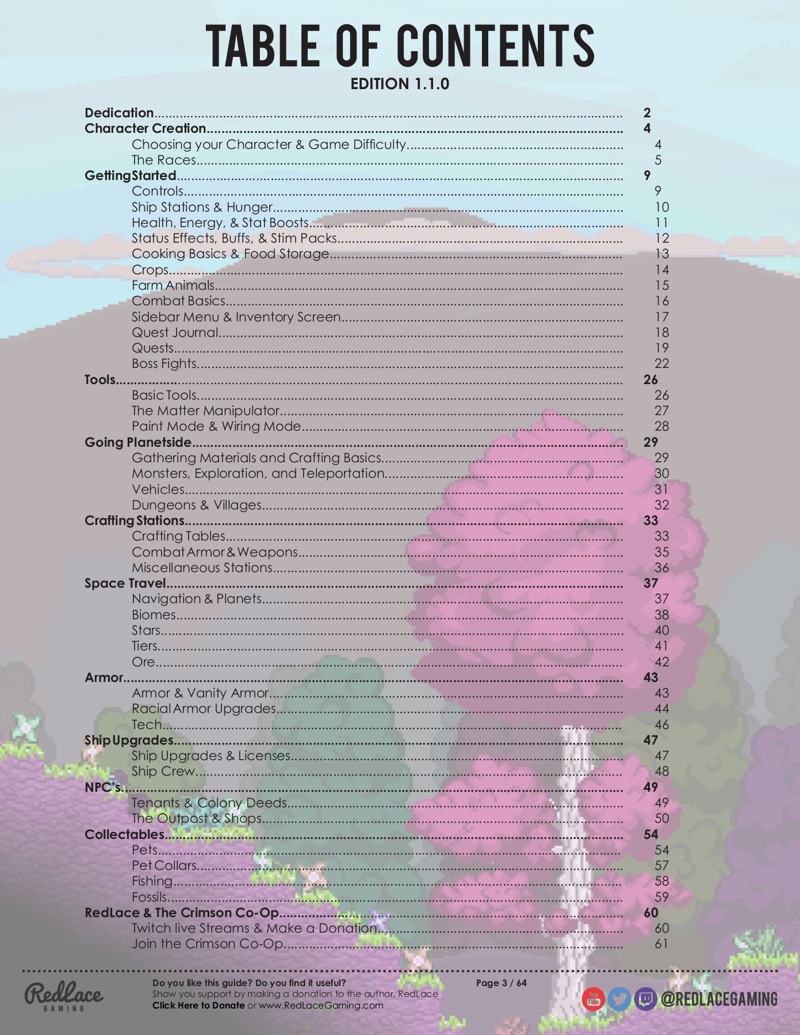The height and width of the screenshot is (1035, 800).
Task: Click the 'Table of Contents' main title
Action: click(400, 46)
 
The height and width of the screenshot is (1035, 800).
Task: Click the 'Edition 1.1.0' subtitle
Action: click(400, 84)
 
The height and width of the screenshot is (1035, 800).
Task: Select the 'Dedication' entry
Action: click(119, 113)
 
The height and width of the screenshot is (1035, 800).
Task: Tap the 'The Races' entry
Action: click(164, 160)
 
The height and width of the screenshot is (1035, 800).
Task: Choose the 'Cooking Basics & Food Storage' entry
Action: click(230, 254)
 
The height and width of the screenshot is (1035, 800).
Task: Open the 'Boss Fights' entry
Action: click(164, 363)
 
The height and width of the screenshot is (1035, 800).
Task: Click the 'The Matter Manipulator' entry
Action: click(205, 411)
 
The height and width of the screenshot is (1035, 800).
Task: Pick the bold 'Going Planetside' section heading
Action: click(138, 442)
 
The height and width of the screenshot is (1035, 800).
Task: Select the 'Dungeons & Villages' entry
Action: click(197, 505)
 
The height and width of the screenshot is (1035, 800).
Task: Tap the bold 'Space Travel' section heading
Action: click(125, 583)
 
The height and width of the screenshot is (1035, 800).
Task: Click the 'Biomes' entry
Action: click(154, 615)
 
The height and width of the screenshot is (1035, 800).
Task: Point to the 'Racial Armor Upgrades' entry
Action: click(204, 708)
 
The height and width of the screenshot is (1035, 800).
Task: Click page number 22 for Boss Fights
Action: click(661, 363)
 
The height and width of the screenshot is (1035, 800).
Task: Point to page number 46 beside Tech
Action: click(661, 724)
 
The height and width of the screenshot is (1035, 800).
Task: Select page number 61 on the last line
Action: click(661, 944)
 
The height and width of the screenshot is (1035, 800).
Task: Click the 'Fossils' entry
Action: click(150, 897)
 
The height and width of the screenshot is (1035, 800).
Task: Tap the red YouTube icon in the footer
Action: click(593, 999)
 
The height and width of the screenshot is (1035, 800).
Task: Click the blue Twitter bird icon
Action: click(619, 999)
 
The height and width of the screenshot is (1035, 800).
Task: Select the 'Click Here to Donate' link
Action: click(198, 1005)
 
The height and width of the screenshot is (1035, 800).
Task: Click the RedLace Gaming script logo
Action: click(64, 996)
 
